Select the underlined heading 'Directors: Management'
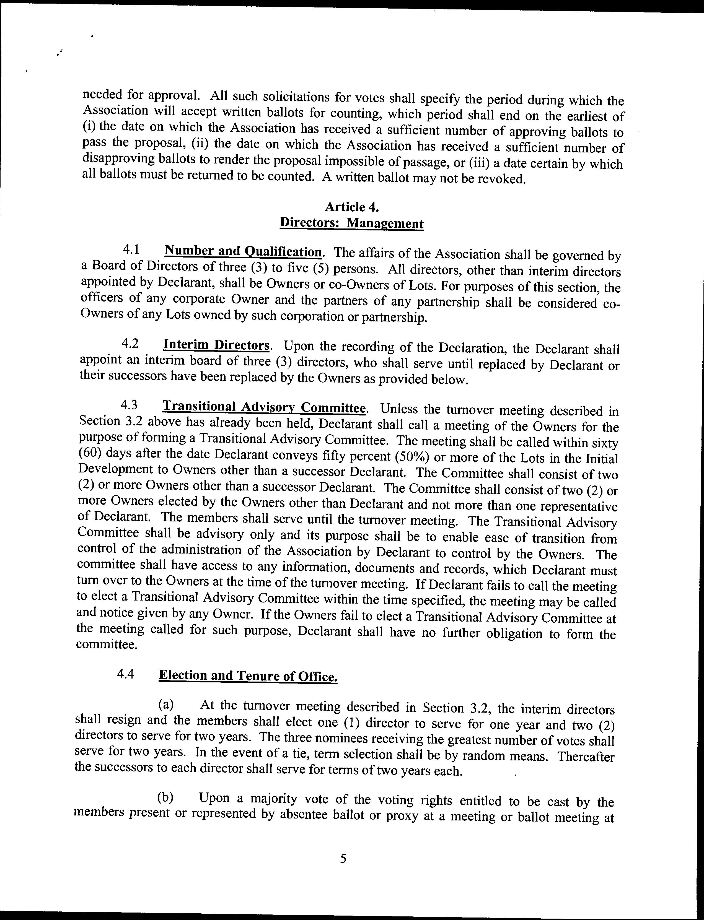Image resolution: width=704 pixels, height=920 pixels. click(351, 223)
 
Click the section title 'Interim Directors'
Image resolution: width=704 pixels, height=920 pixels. click(216, 345)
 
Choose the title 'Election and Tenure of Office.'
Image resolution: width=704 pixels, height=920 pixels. click(248, 675)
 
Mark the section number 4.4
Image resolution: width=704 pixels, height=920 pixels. click(126, 674)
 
